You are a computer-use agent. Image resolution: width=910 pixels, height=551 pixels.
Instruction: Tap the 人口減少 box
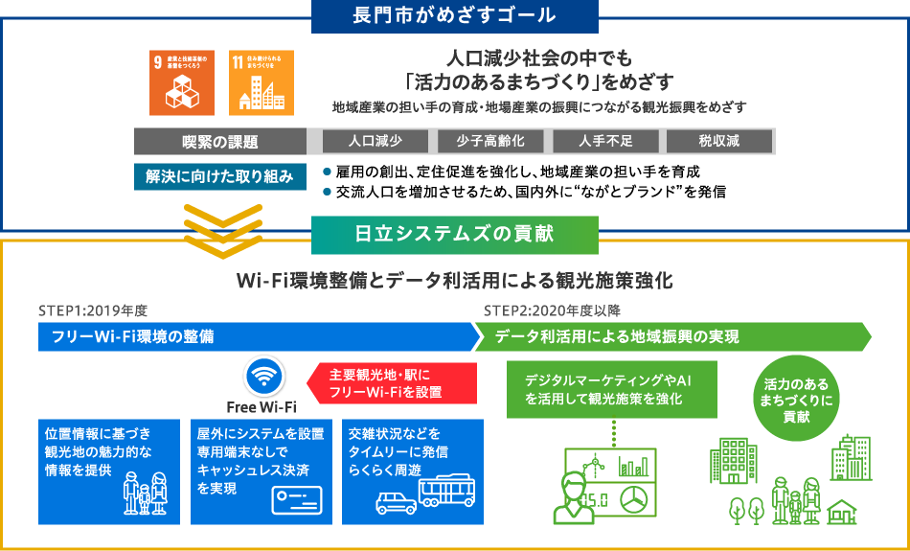click(375, 141)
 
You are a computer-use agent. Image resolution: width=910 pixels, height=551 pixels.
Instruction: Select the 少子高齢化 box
click(489, 141)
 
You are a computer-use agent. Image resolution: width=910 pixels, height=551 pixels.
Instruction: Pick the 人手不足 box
click(605, 141)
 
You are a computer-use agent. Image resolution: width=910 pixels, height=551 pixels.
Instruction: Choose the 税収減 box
click(718, 141)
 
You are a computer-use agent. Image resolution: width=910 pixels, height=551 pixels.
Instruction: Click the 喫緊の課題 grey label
click(220, 142)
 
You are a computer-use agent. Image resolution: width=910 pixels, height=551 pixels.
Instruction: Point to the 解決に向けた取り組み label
click(219, 176)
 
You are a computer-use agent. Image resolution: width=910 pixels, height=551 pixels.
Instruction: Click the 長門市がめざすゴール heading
click(455, 17)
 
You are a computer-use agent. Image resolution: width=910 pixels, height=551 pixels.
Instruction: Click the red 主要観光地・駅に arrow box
click(391, 383)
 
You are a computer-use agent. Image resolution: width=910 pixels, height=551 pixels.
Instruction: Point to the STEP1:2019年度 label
click(92, 311)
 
